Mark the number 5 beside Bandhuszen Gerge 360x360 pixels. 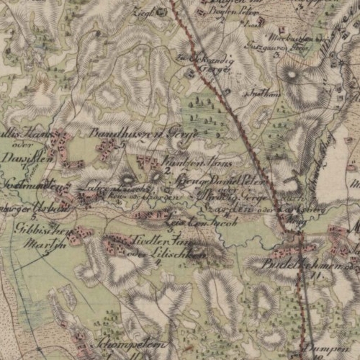coord(124,145)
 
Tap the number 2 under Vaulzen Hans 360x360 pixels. coord(167,171)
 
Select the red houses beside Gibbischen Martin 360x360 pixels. coord(81,233)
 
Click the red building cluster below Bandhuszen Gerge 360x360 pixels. coord(107,150)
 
